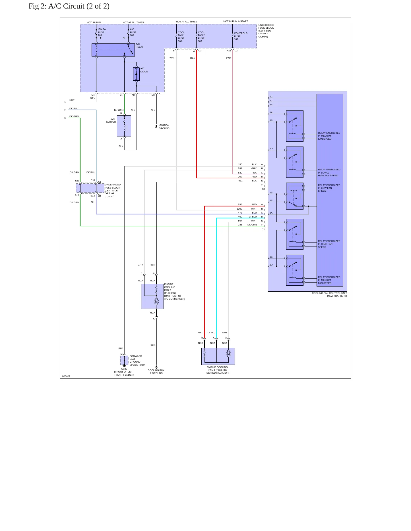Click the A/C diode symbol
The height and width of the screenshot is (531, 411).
pyautogui.click(x=136, y=74)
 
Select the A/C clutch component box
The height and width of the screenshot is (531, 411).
pyautogui.click(x=124, y=126)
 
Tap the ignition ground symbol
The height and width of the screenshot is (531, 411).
pyautogui.click(x=156, y=127)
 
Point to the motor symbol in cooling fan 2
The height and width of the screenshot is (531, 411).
pyautogui.click(x=156, y=302)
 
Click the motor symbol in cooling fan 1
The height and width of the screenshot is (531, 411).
pyautogui.click(x=228, y=354)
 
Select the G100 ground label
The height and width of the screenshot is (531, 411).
pyautogui.click(x=124, y=369)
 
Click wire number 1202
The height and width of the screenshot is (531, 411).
pyautogui.click(x=239, y=209)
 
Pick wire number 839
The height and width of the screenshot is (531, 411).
pyautogui.click(x=240, y=173)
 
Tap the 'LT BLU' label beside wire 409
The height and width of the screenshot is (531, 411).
pyautogui.click(x=253, y=217)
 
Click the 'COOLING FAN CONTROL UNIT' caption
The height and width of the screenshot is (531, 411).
pyautogui.click(x=329, y=293)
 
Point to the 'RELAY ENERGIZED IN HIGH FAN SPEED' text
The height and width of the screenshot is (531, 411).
pyautogui.click(x=329, y=244)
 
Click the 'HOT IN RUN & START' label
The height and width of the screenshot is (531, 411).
pyautogui.click(x=236, y=21)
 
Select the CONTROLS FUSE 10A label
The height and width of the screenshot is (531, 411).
pyautogui.click(x=241, y=36)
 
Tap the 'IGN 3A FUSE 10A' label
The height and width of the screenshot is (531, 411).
pyautogui.click(x=102, y=32)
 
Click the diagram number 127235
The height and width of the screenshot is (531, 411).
pyautogui.click(x=66, y=376)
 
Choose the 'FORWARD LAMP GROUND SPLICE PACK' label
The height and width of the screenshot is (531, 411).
pyautogui.click(x=137, y=360)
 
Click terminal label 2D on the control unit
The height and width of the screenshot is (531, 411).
pyautogui.click(x=271, y=149)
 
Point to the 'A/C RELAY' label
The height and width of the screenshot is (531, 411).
pyautogui.click(x=139, y=45)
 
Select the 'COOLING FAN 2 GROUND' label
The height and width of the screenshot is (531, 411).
pyautogui.click(x=156, y=372)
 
